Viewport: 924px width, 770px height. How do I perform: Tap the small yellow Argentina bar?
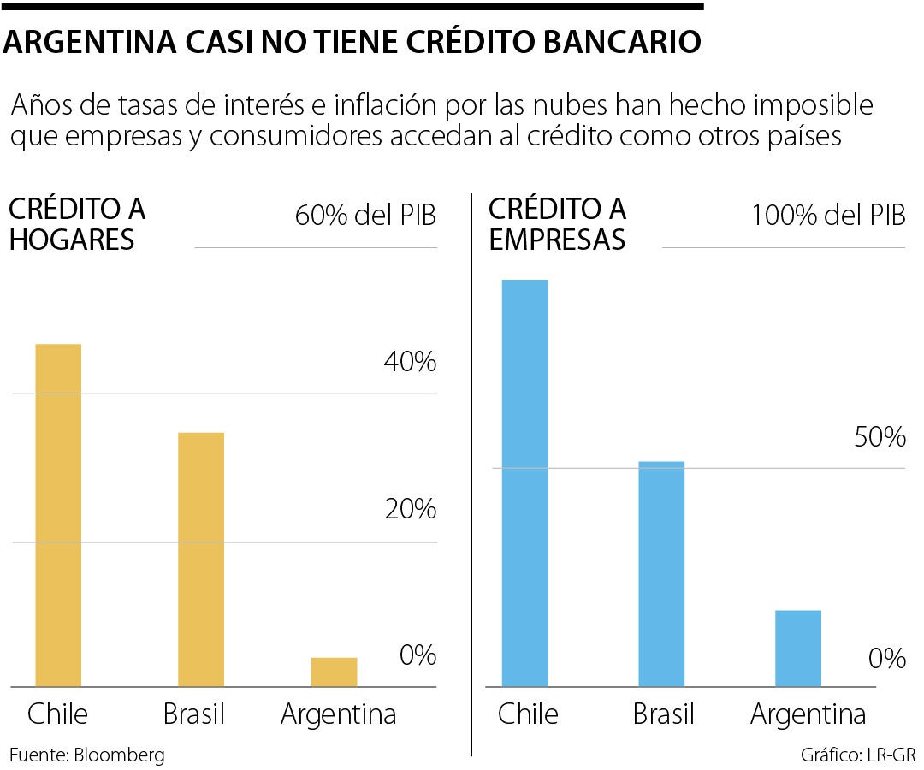coord(334,672)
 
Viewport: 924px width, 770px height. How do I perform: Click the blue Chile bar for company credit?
coord(525,483)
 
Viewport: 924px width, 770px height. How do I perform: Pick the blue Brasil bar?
coord(661,574)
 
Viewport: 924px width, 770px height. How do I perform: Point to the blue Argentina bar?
coord(797,648)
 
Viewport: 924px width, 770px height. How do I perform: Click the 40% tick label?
coord(410,363)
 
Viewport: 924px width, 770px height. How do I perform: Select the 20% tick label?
coord(410,510)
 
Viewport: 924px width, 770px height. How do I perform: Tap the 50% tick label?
coord(879,438)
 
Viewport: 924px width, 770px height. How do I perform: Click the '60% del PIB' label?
coord(365,216)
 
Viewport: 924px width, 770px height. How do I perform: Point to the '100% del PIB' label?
coord(827,216)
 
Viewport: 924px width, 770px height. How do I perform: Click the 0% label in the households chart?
coord(418,656)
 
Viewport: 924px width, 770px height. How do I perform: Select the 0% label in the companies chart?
coord(886,659)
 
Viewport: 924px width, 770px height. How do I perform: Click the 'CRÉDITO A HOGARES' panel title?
coord(77,224)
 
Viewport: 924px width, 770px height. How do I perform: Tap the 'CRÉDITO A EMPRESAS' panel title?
coord(557,224)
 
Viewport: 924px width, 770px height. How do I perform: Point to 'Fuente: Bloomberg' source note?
coord(86,755)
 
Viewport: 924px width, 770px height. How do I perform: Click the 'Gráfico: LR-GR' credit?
coord(858,755)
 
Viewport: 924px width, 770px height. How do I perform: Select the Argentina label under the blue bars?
coord(808,714)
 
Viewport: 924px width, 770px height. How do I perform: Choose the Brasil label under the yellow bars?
coord(192,714)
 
